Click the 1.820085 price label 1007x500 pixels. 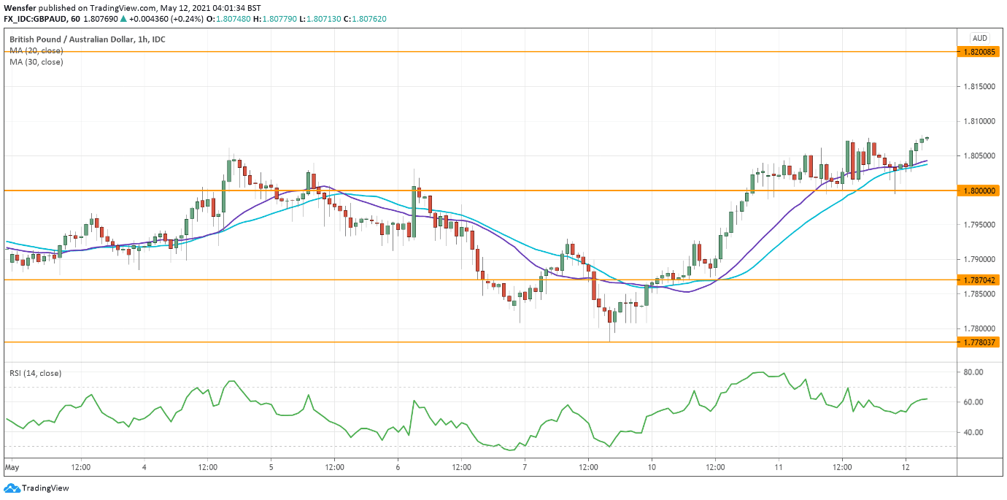[979, 52]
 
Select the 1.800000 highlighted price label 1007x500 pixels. [979, 191]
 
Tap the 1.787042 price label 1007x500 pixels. [979, 280]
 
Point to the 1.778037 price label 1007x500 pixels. [979, 342]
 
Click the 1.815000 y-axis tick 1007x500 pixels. [979, 86]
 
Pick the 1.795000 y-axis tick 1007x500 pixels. [979, 225]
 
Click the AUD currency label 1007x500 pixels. [980, 38]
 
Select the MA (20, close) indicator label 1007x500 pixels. [36, 50]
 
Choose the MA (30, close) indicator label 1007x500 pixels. [36, 62]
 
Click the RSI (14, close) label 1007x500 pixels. [35, 373]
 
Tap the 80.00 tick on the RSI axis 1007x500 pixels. [976, 372]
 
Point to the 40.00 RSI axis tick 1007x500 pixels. [976, 432]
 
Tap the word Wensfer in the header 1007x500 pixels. [20, 7]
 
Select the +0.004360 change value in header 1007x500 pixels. [151, 20]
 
